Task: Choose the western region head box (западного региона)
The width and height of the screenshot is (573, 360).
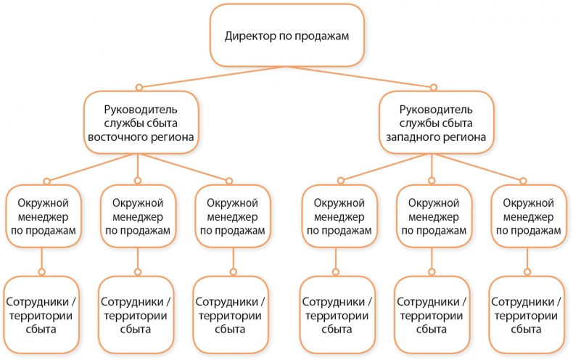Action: pos(432,122)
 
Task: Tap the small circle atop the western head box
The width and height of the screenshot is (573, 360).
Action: pos(433,86)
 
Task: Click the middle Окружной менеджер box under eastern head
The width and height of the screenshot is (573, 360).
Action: pos(139,217)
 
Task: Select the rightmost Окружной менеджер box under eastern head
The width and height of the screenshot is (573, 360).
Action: pos(233,217)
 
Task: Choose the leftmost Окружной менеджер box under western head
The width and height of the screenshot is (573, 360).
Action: pos(339,217)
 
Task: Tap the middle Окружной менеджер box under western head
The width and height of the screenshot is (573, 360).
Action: pos(432,217)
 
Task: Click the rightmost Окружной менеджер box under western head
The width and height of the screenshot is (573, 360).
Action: pos(527,217)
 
